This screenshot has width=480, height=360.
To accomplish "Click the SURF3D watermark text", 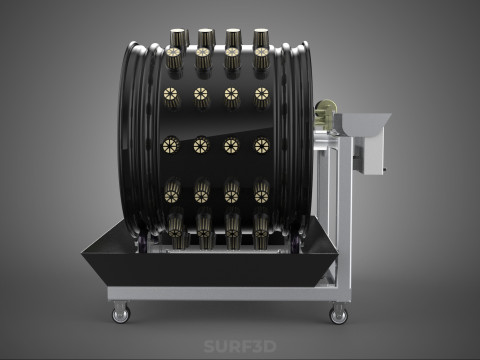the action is pyautogui.click(x=240, y=346).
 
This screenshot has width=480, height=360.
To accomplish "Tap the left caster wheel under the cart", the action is pyautogui.click(x=121, y=315).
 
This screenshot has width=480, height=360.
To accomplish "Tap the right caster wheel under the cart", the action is pyautogui.click(x=339, y=315).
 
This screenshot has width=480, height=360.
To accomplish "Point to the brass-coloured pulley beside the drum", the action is pyautogui.click(x=324, y=112).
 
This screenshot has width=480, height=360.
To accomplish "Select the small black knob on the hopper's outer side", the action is pyautogui.click(x=385, y=170).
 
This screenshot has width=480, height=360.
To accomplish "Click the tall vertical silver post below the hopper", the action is pyautogui.click(x=345, y=213).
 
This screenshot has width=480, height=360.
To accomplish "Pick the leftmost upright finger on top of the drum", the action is pyautogui.click(x=179, y=37).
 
